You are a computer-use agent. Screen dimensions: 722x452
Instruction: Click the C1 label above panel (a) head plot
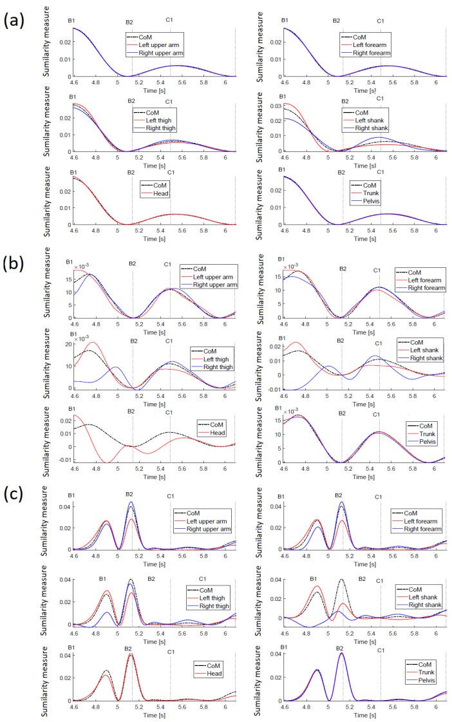coord(169,172)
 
